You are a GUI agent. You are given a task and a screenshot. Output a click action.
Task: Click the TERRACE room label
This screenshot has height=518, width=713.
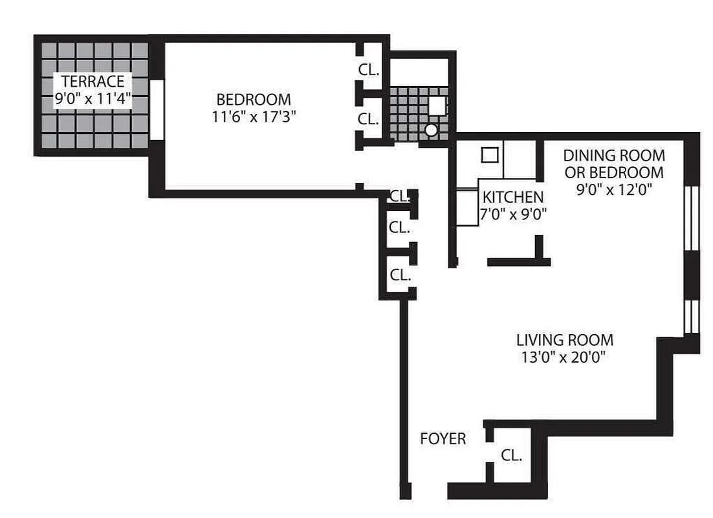(93, 82)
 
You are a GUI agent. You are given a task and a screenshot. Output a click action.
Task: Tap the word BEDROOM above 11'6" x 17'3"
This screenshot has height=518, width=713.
(253, 100)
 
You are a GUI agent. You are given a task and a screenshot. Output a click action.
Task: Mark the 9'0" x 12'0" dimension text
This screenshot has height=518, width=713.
(613, 190)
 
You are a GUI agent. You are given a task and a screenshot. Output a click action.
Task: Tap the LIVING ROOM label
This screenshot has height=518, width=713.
(564, 340)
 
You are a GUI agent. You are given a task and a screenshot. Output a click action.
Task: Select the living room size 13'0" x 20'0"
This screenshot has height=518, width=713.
(564, 357)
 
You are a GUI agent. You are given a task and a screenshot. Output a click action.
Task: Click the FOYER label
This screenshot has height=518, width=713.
(443, 439)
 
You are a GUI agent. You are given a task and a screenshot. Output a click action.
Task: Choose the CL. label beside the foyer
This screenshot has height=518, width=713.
(511, 455)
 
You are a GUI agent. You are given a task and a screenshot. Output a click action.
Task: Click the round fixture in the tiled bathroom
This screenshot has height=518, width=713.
(431, 130)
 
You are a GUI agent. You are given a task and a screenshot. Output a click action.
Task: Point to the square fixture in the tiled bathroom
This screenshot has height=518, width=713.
(438, 106)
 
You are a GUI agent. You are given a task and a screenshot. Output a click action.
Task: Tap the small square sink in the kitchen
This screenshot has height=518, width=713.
(490, 155)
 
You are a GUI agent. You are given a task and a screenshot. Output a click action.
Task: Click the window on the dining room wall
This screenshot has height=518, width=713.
(691, 218)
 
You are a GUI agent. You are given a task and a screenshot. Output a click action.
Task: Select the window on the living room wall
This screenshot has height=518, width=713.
(691, 316)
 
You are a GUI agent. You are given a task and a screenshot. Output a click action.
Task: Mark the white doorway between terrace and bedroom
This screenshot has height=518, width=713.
(155, 109)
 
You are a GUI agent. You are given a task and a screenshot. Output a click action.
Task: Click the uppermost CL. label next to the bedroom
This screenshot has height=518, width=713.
(369, 69)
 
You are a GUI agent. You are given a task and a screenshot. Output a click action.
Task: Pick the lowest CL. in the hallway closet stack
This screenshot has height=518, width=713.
(400, 275)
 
